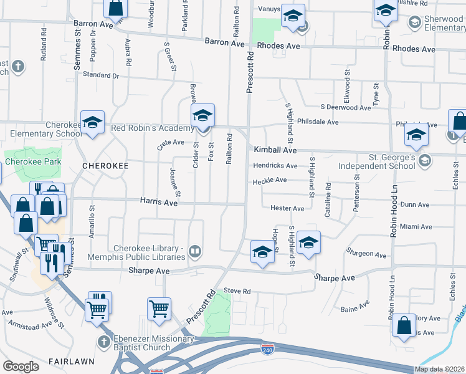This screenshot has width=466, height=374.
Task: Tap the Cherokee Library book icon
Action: [x=195, y=251]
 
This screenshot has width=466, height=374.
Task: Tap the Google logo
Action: [x=21, y=367]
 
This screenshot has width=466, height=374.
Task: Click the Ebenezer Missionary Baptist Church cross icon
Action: [x=105, y=342]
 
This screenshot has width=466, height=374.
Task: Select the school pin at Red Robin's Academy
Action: [x=203, y=117]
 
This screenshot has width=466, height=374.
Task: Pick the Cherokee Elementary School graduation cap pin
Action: [x=92, y=123]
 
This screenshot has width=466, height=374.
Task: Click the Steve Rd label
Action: [x=237, y=291]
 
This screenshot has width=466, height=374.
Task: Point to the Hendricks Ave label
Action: [x=275, y=166]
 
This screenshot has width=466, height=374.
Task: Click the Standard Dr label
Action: [x=100, y=75]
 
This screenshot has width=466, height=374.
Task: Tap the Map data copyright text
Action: [x=439, y=369]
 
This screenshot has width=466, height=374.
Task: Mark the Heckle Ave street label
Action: [x=269, y=181]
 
